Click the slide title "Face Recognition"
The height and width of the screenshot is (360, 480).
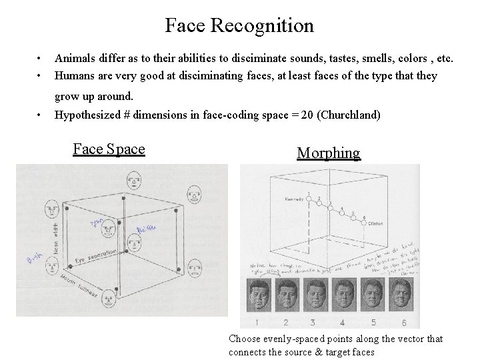[x=239, y=26]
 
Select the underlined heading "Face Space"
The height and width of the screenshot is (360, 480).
[x=109, y=149]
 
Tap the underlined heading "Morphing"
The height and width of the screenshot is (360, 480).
[x=328, y=153]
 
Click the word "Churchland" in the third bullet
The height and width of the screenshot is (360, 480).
[x=349, y=115]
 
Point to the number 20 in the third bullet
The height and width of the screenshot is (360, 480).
[x=307, y=115]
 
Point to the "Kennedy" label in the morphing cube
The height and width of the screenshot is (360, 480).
[x=294, y=199]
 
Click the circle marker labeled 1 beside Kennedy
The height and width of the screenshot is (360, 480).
[x=309, y=198]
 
